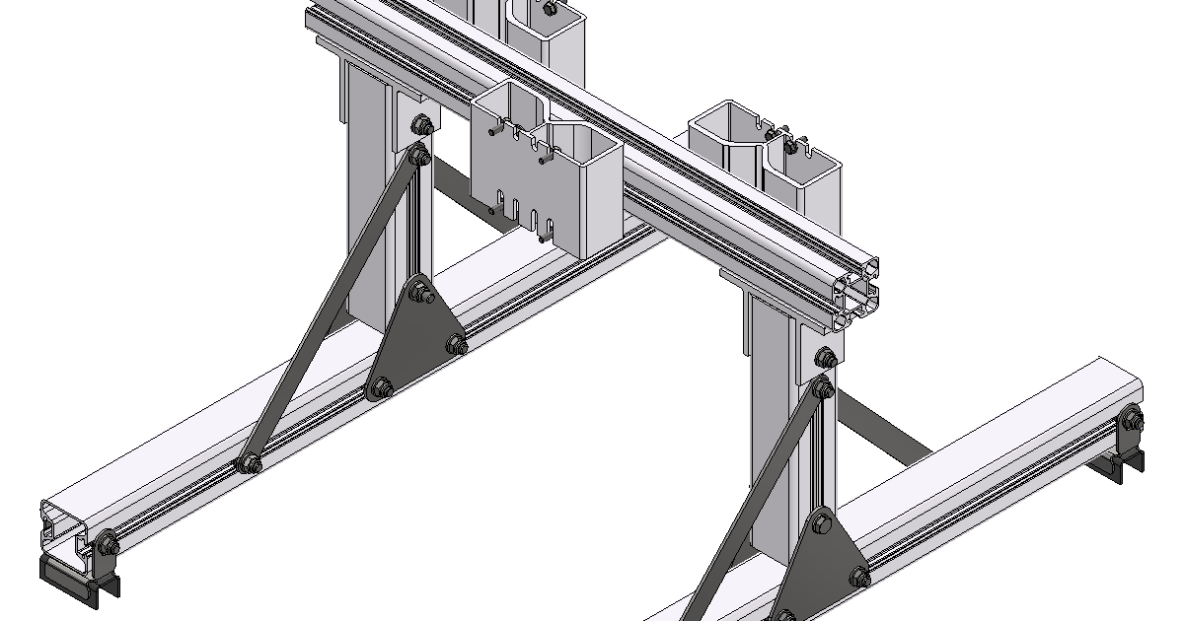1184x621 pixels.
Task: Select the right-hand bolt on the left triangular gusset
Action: [x=457, y=344]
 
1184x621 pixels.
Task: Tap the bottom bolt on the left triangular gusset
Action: [x=381, y=387]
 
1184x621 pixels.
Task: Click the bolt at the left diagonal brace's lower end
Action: [x=249, y=462]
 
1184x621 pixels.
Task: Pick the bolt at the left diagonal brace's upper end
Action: [x=418, y=155]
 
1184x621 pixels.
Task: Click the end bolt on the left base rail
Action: [x=105, y=542]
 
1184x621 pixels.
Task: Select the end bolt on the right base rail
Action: [x=1131, y=421]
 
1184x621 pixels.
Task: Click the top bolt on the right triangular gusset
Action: [x=822, y=525]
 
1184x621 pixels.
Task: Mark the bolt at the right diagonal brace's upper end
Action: [x=821, y=387]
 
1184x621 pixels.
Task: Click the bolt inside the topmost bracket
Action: [x=548, y=8]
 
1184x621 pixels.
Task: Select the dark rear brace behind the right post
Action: [x=883, y=429]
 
